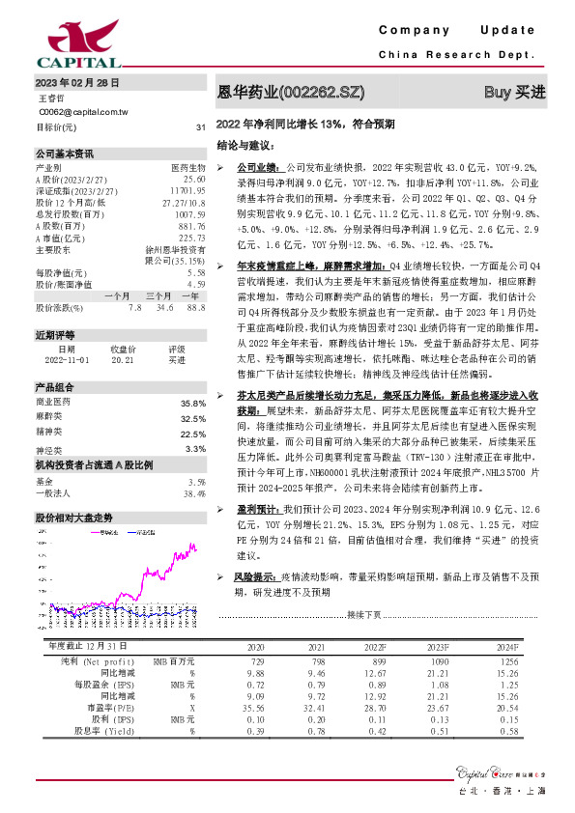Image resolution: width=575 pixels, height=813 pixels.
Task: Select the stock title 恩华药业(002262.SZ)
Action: [291, 93]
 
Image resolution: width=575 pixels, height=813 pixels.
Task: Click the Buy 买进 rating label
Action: [514, 93]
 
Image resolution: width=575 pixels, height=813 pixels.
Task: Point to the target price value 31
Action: [200, 127]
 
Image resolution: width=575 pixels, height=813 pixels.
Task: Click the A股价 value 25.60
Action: [194, 180]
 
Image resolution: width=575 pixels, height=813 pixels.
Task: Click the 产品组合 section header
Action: [55, 387]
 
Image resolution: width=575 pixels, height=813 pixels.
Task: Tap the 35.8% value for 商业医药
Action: [193, 403]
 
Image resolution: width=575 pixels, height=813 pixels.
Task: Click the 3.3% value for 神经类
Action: [195, 449]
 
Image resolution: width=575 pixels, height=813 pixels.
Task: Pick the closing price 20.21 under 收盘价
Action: [123, 358]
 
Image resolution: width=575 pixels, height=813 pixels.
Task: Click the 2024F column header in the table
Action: [506, 647]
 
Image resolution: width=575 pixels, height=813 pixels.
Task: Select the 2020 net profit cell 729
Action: [255, 659]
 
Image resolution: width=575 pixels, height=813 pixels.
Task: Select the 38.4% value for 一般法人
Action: [195, 492]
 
